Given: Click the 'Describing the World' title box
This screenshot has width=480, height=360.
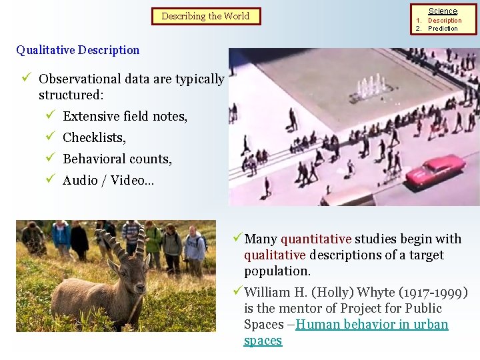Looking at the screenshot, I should pyautogui.click(x=205, y=16).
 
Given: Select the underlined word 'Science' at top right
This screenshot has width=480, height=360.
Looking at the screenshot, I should pyautogui.click(x=443, y=11).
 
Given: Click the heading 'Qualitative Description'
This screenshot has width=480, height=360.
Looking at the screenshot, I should pyautogui.click(x=78, y=50).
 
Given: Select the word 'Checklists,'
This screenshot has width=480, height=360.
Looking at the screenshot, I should pyautogui.click(x=94, y=137).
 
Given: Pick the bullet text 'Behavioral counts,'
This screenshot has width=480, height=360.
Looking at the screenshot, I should pyautogui.click(x=117, y=159).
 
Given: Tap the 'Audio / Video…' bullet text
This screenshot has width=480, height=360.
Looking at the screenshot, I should pyautogui.click(x=108, y=180).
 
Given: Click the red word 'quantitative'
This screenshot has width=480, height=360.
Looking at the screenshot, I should pyautogui.click(x=316, y=239).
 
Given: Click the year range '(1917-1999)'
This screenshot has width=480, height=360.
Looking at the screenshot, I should pyautogui.click(x=435, y=292).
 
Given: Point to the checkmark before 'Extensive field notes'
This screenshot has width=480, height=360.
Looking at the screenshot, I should pyautogui.click(x=49, y=116).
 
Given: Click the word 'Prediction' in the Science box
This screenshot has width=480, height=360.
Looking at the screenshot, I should pyautogui.click(x=443, y=29).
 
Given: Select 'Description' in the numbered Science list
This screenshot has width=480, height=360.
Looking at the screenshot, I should pyautogui.click(x=445, y=21).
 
